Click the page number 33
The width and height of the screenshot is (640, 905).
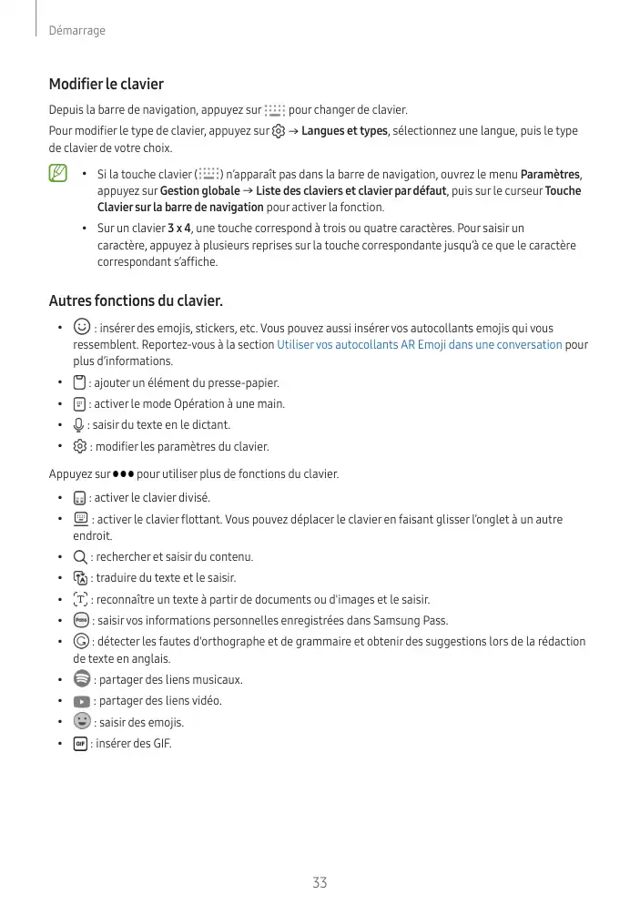pyautogui.click(x=320, y=882)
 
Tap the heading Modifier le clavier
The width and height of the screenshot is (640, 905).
pyautogui.click(x=106, y=84)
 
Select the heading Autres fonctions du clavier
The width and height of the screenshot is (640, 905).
pyautogui.click(x=135, y=300)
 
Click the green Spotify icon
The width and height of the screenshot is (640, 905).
pyautogui.click(x=81, y=679)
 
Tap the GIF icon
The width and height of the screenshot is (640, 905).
pyautogui.click(x=80, y=743)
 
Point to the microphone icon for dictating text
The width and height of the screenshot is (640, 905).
pyautogui.click(x=79, y=425)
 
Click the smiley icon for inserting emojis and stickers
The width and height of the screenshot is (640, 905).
pyautogui.click(x=81, y=327)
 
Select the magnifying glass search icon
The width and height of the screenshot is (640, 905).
pyautogui.click(x=80, y=556)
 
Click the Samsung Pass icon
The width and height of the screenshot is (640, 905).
pyautogui.click(x=80, y=621)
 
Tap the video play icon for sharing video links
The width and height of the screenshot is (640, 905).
pyautogui.click(x=81, y=701)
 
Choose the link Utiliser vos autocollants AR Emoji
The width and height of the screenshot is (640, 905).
pyautogui.click(x=419, y=345)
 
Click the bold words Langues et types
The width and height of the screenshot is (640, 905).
pyautogui.click(x=344, y=131)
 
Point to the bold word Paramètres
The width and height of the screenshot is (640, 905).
pyautogui.click(x=550, y=174)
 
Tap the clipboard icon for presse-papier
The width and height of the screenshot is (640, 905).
pyautogui.click(x=79, y=382)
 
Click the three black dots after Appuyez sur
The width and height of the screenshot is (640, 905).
pyautogui.click(x=123, y=474)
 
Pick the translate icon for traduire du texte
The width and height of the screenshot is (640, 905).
pyautogui.click(x=80, y=578)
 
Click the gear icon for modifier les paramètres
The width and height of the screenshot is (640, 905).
pyautogui.click(x=79, y=447)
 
